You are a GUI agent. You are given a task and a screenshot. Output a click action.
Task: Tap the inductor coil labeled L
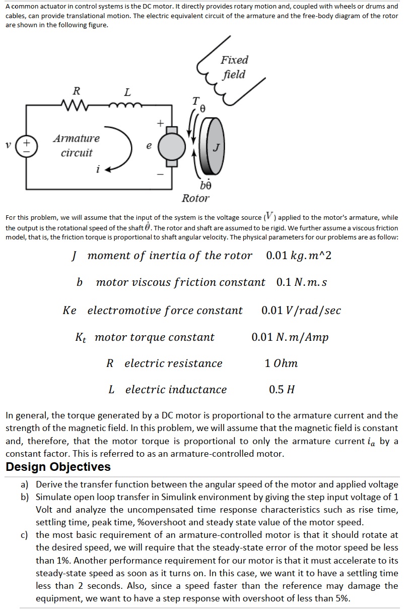tap(127, 105)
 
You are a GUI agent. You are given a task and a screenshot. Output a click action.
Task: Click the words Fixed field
tap(234, 67)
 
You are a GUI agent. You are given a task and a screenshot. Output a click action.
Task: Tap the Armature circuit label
tap(77, 145)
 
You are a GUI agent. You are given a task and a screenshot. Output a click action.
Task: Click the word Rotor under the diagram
tap(195, 198)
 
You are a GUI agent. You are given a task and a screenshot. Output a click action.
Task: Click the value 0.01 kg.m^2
tap(299, 256)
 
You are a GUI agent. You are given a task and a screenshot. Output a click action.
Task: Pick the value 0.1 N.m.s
tap(302, 282)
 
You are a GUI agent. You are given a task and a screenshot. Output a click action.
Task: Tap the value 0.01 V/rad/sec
tap(301, 311)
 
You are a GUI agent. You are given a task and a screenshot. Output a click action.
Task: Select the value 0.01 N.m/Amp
tap(290, 337)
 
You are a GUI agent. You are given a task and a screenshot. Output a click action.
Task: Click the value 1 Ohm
tap(281, 363)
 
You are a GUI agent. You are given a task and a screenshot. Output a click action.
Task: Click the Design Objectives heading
tap(58, 467)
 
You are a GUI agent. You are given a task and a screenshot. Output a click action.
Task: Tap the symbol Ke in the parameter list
tap(70, 311)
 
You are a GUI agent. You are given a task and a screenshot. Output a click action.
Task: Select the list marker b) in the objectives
tap(25, 497)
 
